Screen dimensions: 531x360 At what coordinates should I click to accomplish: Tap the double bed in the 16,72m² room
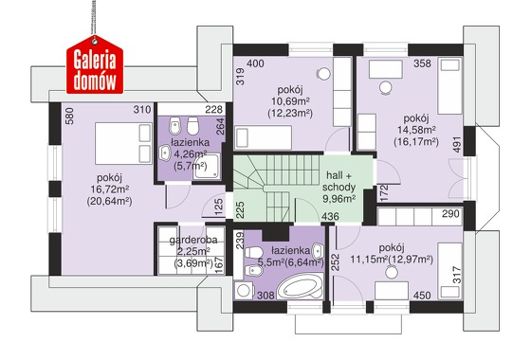coord(123,143)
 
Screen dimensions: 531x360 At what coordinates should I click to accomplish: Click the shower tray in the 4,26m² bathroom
coord(207,167)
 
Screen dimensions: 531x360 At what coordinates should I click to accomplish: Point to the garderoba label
coord(193,241)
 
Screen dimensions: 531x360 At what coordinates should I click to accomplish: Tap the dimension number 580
coord(69,116)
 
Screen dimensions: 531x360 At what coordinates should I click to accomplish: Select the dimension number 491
coord(457,144)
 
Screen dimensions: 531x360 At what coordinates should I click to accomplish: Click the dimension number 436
coord(330,216)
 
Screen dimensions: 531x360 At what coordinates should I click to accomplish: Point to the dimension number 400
coord(255,63)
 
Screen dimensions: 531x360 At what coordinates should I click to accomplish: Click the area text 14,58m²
coord(416,130)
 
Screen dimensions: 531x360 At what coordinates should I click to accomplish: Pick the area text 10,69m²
coord(290,100)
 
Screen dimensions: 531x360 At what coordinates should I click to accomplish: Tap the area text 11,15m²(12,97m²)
coord(392,260)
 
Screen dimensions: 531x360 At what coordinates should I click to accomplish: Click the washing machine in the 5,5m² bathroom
coord(244,290)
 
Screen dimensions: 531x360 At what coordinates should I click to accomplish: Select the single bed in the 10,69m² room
coord(264,137)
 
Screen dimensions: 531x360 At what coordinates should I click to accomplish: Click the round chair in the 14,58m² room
coord(385,87)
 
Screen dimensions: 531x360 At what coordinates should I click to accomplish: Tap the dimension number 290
coord(450,214)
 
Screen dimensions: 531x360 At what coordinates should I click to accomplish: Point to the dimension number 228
coord(214,109)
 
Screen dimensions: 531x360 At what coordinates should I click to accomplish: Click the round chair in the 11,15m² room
coord(392,273)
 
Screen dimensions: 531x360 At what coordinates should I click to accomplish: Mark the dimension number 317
coord(457,275)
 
